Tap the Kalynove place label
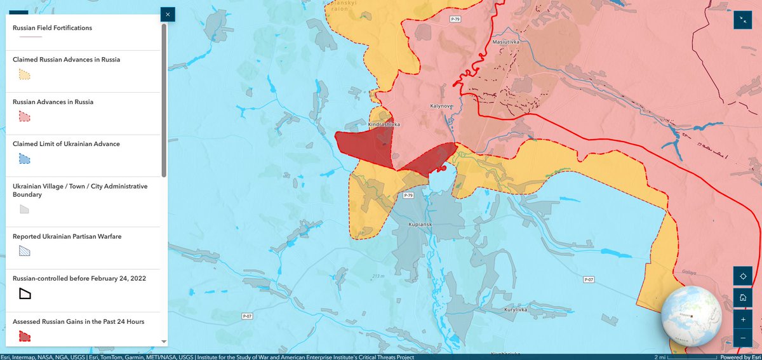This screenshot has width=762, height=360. click(x=441, y=107)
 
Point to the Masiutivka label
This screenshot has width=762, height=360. click(x=506, y=43)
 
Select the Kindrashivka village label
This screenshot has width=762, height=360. click(x=384, y=124)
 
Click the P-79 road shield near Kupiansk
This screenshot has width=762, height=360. click(x=408, y=196)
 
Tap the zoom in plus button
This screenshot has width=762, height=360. click(x=742, y=319)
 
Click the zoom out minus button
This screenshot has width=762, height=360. click(x=742, y=338)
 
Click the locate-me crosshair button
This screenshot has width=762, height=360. click(x=742, y=276)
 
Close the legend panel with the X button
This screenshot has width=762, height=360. click(x=168, y=14)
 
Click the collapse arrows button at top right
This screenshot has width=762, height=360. click(x=742, y=20)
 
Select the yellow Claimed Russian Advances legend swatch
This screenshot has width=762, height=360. click(x=24, y=74)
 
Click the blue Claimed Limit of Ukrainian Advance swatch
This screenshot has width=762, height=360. click(x=24, y=159)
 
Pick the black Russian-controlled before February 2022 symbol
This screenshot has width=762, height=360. click(x=25, y=293)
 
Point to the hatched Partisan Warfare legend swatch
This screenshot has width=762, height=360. click(x=24, y=251)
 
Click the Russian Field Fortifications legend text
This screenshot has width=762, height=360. click(x=53, y=28)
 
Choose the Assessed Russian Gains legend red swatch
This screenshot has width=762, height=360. click(x=24, y=336)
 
